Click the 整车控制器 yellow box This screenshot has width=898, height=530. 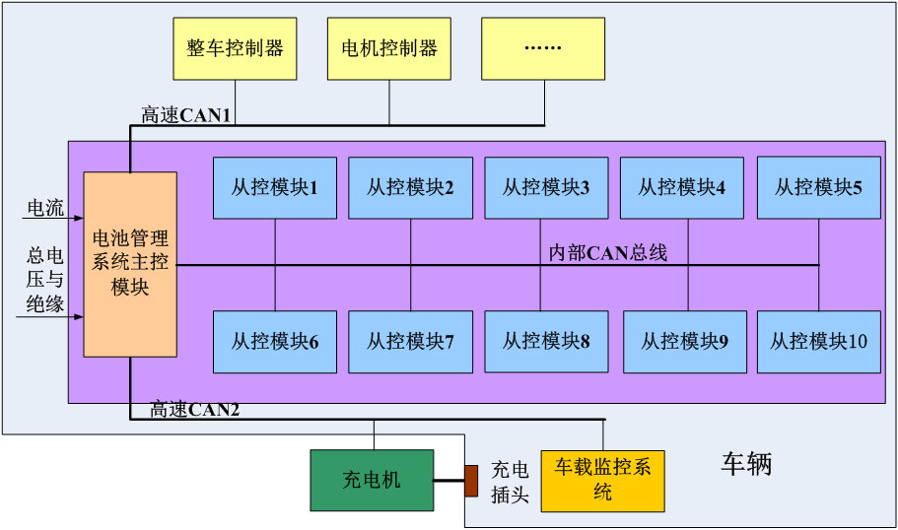[x=235, y=48]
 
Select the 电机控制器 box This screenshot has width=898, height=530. [x=388, y=48]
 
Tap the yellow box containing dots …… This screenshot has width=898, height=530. [x=542, y=48]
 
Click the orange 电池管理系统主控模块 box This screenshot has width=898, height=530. [x=130, y=264]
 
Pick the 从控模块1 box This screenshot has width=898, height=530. [x=275, y=187]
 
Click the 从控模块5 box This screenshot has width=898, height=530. [x=818, y=187]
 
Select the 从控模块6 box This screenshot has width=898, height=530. [x=275, y=342]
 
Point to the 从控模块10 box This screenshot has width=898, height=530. [x=818, y=342]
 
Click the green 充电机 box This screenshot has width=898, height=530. [x=372, y=481]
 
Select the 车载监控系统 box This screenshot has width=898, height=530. [x=602, y=480]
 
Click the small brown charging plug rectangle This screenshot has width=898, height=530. [x=471, y=481]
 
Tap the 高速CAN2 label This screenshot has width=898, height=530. [x=194, y=409]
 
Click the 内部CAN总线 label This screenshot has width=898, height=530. [x=607, y=253]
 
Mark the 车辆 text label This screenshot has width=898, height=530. [x=746, y=465]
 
